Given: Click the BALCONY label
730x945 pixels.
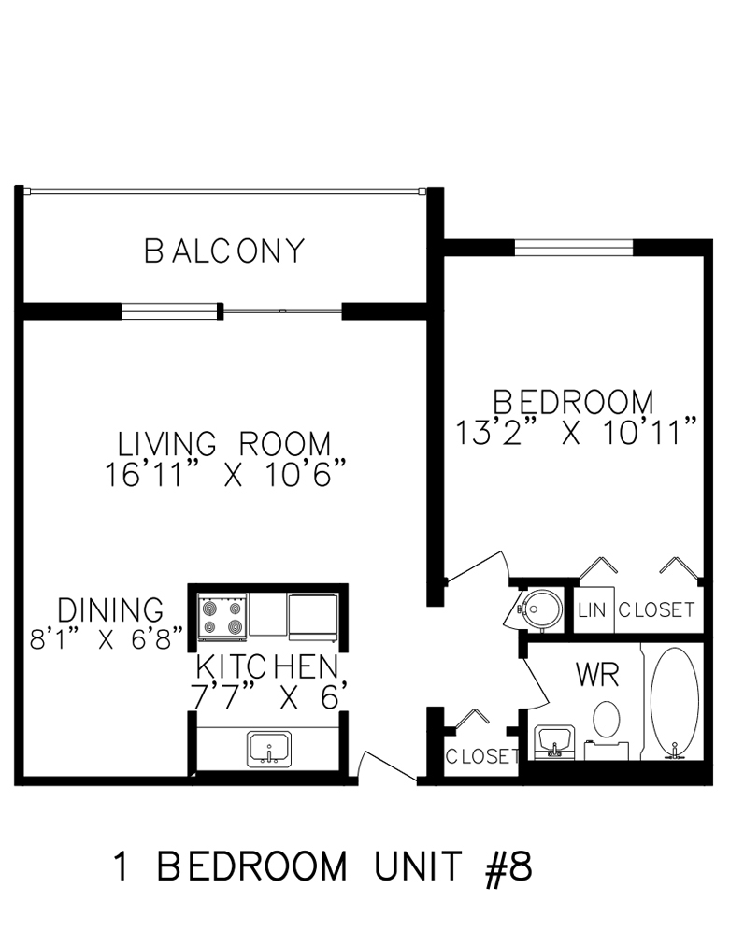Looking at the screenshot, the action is tap(224, 251).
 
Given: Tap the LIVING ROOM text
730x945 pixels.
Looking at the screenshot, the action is tap(224, 444).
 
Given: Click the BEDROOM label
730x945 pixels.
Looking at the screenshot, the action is tap(573, 402).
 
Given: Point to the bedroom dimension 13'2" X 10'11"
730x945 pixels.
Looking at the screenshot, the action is tap(576, 431).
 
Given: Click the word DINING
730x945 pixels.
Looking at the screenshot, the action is tap(110, 610).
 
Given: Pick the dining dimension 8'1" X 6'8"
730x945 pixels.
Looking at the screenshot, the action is tap(107, 638).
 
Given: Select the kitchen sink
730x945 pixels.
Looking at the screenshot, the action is tap(269, 749).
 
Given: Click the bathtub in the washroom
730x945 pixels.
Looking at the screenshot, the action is tap(675, 702).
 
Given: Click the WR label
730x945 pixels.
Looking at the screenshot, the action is tap(598, 675).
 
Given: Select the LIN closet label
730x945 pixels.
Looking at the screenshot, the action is tap(592, 610).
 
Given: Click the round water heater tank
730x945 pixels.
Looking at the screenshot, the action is tap(540, 609).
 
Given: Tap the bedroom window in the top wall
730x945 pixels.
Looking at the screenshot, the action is tap(573, 248).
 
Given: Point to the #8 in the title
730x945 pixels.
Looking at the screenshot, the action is tap(508, 866).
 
